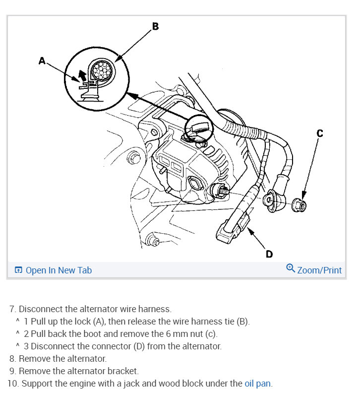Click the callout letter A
(42, 61)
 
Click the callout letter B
(155, 26)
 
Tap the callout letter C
(320, 133)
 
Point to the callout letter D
(269, 254)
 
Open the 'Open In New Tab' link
(59, 270)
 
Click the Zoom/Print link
(319, 270)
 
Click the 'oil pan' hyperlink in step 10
(257, 383)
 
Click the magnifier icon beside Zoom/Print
(291, 268)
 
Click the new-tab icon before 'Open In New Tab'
(18, 270)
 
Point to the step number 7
(12, 309)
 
